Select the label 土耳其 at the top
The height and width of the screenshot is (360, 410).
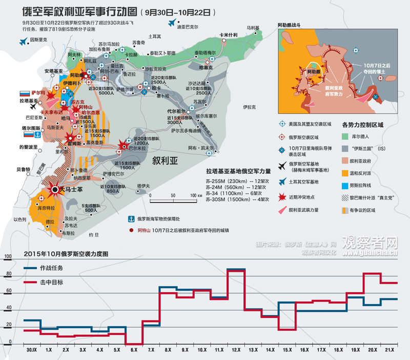pos(154,36)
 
